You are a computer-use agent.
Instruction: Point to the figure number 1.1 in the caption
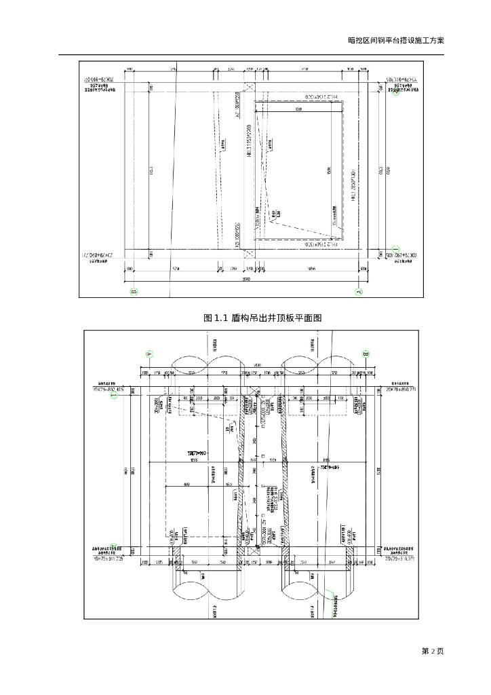pos(222,318)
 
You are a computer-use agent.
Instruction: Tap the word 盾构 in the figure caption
pos(240,318)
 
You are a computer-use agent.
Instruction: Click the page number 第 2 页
pos(433,652)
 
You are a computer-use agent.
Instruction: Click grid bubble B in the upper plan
pos(134,292)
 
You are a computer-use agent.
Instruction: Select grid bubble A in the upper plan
pos(359,292)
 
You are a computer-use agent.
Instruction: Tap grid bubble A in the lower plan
pos(150,353)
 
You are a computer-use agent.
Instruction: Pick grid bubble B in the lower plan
pos(366,354)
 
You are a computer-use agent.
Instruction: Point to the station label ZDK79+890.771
pos(400,390)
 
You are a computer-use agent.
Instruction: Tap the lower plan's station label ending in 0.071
pos(400,559)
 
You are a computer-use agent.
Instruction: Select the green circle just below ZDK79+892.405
pos(114,396)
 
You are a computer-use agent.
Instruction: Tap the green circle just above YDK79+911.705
pos(114,547)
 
